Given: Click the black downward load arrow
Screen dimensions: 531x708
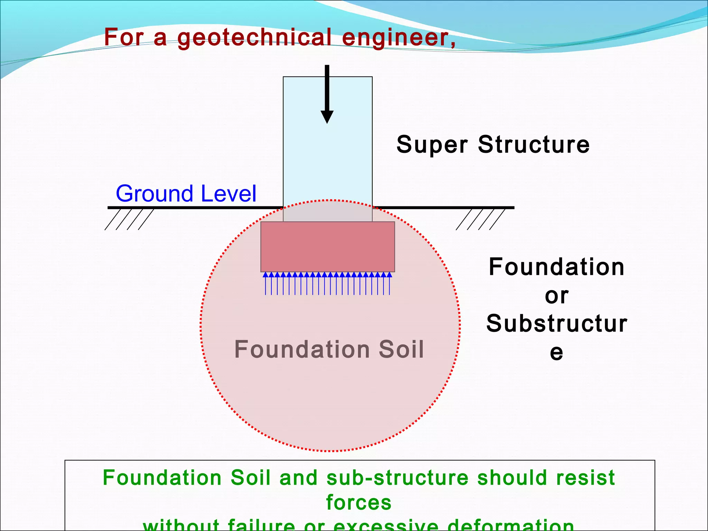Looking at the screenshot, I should tap(327, 93).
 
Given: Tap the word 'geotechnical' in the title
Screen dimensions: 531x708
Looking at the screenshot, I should tap(254, 37).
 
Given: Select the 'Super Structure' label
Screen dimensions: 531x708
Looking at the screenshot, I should tap(493, 145).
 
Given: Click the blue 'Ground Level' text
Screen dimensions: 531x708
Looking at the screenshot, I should tap(186, 194).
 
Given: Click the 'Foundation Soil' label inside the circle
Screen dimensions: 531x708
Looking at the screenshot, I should tap(329, 349).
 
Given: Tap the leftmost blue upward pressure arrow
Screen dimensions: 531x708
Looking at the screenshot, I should tap(265, 283).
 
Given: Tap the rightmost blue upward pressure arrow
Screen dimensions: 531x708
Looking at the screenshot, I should tap(390, 283).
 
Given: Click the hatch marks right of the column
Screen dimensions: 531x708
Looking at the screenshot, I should tap(480, 219).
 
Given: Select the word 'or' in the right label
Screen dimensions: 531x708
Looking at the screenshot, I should tap(557, 296).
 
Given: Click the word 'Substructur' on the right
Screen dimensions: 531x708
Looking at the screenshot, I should tap(557, 324).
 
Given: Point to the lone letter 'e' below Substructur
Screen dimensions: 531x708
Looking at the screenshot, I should tap(557, 353).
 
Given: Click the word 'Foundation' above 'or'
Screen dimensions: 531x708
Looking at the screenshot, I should tap(557, 267).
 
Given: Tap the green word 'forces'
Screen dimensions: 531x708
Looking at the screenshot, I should tap(359, 502).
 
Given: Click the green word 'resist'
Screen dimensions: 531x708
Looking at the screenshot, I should tap(586, 478).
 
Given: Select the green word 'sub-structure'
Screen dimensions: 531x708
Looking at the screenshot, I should tap(398, 478).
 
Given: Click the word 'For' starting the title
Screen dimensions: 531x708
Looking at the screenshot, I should tap(124, 37).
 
